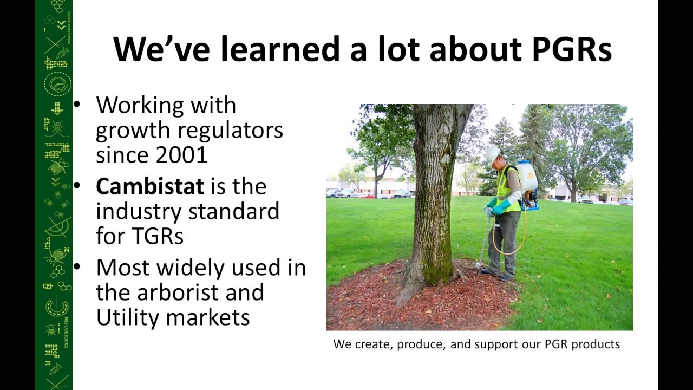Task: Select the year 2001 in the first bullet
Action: (x=181, y=155)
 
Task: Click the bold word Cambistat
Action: (x=150, y=187)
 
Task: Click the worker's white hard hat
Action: (x=492, y=155)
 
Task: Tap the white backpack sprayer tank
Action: (x=526, y=177)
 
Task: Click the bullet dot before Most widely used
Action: (x=77, y=267)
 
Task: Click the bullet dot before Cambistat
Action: (x=77, y=186)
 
